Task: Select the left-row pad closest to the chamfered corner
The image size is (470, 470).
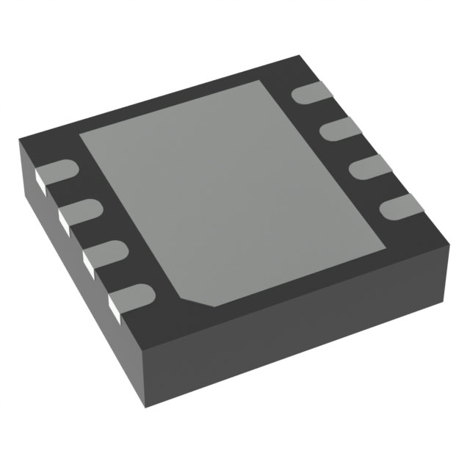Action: pos(133,298)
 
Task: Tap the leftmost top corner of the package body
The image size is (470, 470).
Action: pos(20,140)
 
